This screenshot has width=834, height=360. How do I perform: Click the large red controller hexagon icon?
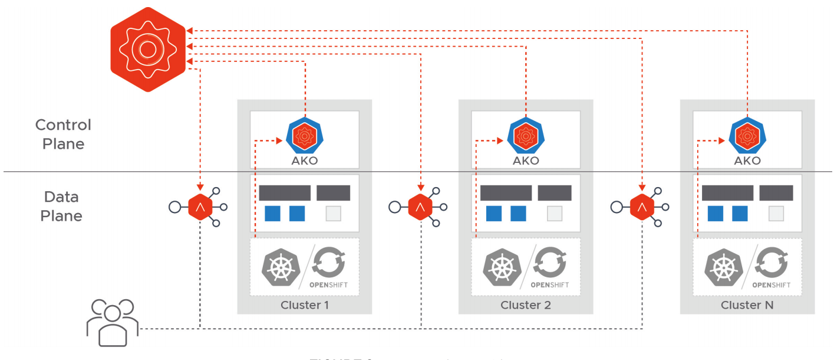[x=148, y=50]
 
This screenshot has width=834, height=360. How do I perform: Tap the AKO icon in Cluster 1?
[x=304, y=136]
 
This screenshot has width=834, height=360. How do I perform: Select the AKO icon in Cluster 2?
[x=525, y=136]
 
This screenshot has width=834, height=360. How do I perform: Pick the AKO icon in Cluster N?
[x=746, y=136]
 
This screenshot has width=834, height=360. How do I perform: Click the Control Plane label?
[x=63, y=134]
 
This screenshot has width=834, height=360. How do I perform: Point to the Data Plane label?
[x=61, y=206]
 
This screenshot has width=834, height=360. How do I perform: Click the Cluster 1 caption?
[x=304, y=305]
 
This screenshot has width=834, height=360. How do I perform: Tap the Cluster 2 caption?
[x=525, y=305]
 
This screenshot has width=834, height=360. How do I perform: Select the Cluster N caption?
[x=747, y=305]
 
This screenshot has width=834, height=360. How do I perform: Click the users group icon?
[x=112, y=322]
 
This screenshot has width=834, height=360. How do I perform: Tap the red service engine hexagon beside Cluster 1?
[x=200, y=207]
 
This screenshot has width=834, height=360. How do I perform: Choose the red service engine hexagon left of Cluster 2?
[x=420, y=207]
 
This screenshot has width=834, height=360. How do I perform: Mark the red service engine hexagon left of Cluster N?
[x=642, y=207]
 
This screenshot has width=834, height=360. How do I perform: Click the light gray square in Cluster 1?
[x=334, y=214]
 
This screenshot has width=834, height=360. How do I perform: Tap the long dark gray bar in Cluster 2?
[x=506, y=193]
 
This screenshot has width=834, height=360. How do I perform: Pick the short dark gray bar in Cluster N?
[x=776, y=193]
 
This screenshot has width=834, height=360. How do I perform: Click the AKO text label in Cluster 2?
[x=525, y=161]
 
